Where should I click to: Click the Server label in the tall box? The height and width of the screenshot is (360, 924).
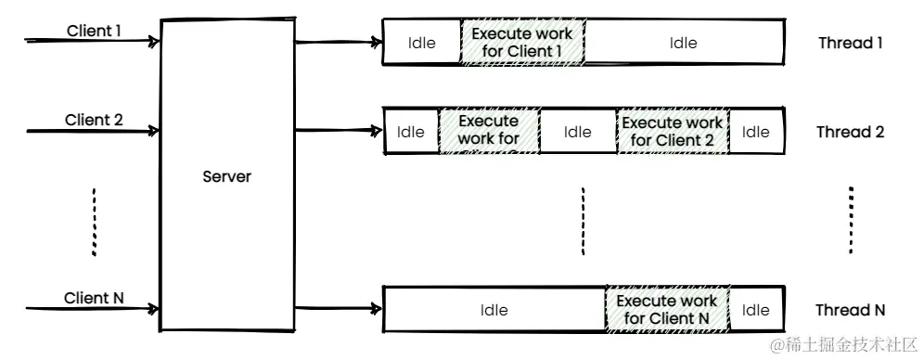coord(227,176)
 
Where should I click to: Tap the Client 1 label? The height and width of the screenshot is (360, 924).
coord(94,31)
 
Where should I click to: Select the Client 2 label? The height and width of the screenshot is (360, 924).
coord(94,121)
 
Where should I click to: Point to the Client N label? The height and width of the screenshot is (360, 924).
coord(94,298)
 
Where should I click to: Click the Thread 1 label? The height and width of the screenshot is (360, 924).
coord(851,43)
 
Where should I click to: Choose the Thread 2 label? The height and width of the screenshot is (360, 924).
coord(850,132)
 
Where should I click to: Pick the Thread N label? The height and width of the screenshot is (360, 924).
coord(850,310)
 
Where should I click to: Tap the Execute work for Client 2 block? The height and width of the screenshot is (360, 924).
coord(672,132)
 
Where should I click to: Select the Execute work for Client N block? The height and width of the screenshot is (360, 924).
coord(666,310)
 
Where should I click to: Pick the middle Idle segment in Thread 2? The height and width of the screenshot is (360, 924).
coord(577,132)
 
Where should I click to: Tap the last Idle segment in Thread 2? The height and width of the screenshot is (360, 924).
coord(755,132)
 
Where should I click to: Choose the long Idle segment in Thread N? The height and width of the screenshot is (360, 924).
coord(494,310)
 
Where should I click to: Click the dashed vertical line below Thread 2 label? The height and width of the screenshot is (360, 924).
coord(851,219)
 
